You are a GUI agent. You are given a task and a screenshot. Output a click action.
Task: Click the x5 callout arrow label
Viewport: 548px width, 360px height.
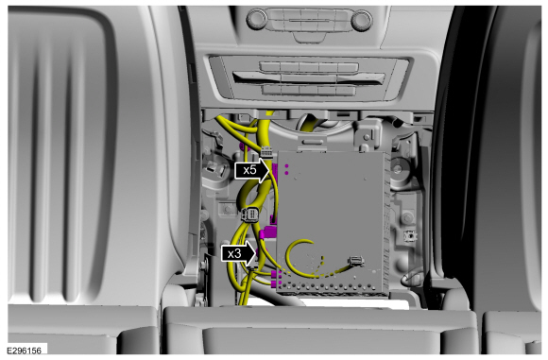click(x=252, y=170)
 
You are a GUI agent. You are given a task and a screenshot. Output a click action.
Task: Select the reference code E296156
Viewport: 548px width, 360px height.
click(x=25, y=351)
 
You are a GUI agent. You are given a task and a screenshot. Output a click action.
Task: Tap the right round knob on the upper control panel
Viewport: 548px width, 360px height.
click(x=361, y=20)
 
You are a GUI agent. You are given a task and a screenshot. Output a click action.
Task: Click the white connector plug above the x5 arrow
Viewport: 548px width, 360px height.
click(x=266, y=153)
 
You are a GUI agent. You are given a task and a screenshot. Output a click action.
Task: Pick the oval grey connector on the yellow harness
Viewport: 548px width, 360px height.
click(x=250, y=214)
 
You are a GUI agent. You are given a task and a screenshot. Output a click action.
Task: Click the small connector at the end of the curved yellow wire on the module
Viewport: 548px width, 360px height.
click(x=356, y=261)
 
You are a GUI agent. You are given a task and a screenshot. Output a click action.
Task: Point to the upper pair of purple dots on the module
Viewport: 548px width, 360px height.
click(x=286, y=169)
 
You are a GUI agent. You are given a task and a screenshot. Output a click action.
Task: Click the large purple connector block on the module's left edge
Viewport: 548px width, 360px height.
click(x=270, y=231)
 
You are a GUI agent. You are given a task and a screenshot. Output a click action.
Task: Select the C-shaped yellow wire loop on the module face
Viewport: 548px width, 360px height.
click(x=297, y=257)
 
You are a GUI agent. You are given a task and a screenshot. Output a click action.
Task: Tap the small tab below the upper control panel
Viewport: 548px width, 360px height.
click(x=308, y=38)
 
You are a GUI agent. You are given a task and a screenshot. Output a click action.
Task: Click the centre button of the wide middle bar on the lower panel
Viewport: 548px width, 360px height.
click(x=309, y=78)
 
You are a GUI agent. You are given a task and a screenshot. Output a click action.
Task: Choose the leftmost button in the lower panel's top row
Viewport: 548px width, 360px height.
click(x=270, y=66)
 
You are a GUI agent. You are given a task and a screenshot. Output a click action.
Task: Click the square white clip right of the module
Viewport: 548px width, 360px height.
click(x=410, y=236)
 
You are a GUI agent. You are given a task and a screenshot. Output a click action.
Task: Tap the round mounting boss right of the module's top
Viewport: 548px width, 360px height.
click(x=398, y=169)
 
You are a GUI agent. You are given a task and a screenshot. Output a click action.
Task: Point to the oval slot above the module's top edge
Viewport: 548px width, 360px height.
click(x=312, y=142)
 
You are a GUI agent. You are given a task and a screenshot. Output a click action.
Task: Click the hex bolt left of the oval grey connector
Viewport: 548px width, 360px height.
click(x=229, y=210)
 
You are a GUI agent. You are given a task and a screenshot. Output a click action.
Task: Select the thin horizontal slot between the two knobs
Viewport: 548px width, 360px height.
click(x=309, y=21)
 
